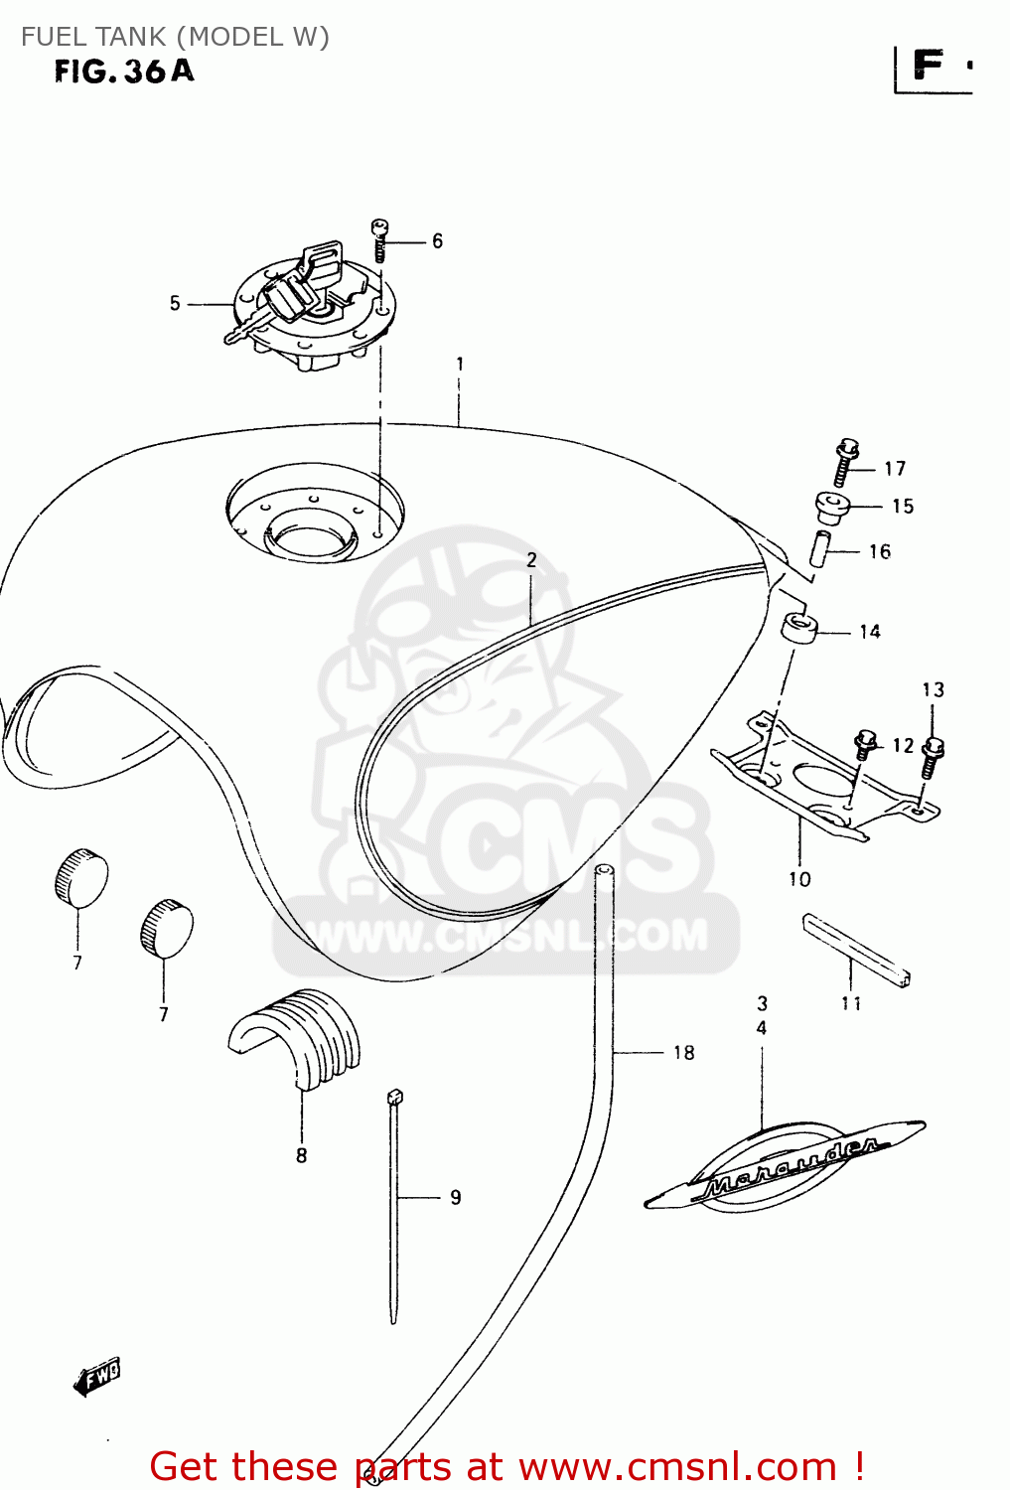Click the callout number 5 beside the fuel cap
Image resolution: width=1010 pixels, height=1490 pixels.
[175, 303]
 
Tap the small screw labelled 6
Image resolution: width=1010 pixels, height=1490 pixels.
[379, 239]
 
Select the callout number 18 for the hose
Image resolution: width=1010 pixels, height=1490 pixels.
[683, 1053]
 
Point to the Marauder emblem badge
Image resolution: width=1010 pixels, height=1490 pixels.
[785, 1167]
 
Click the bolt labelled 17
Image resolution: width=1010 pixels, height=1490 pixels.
[846, 463]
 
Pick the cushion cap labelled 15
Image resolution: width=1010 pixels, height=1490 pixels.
[831, 507]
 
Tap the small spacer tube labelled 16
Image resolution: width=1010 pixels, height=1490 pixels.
[819, 549]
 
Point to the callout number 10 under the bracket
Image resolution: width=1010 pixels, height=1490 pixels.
[799, 879]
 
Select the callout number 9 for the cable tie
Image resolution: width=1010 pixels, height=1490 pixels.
[455, 1197]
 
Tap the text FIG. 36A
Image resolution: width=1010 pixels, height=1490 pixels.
[124, 72]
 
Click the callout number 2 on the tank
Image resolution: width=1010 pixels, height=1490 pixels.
[531, 560]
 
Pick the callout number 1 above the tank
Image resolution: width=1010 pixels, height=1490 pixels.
[460, 365]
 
